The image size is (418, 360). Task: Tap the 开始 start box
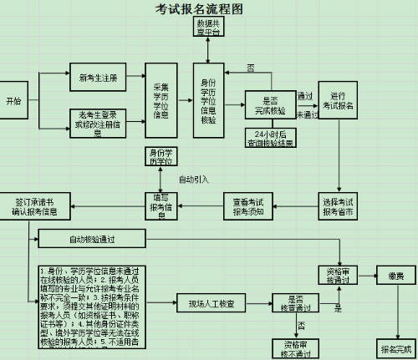pos(13,100)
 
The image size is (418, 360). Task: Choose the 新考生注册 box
pos(97,79)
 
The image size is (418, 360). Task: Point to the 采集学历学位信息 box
pos(162,100)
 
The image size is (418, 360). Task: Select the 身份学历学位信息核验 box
pos(209,100)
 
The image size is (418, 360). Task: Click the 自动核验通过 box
pos(91,239)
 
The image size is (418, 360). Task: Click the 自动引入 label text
pos(194,179)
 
